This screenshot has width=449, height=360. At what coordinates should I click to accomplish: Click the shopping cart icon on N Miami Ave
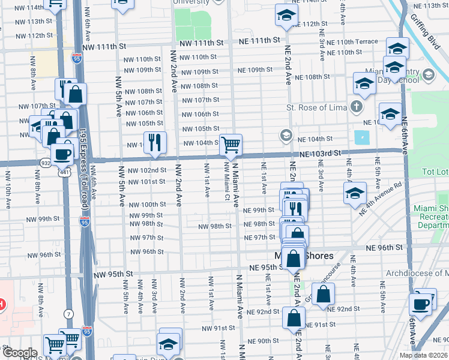pyautogui.click(x=231, y=145)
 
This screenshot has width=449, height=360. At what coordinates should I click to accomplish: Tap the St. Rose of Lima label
pyautogui.click(x=318, y=108)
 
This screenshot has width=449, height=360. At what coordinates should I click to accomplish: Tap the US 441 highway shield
pyautogui.click(x=62, y=172)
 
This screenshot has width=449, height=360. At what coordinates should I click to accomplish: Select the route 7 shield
pyautogui.click(x=70, y=314)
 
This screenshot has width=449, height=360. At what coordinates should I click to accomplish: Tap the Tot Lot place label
pyautogui.click(x=435, y=172)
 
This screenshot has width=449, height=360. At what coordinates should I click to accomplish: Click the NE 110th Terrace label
pyautogui.click(x=357, y=42)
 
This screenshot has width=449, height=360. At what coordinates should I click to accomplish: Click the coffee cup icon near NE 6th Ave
pyautogui.click(x=421, y=303)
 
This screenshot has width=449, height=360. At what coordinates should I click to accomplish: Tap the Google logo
pyautogui.click(x=19, y=353)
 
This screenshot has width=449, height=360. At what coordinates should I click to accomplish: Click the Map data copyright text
pyautogui.click(x=423, y=355)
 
